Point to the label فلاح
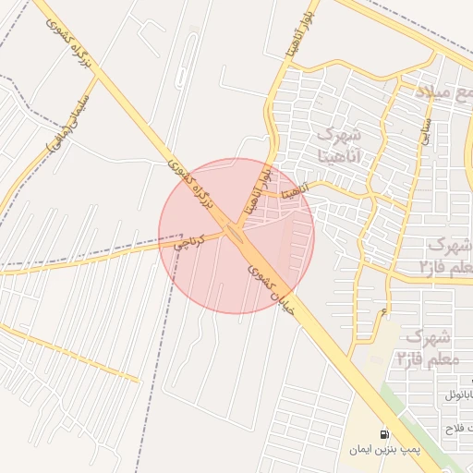pos(457,428)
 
